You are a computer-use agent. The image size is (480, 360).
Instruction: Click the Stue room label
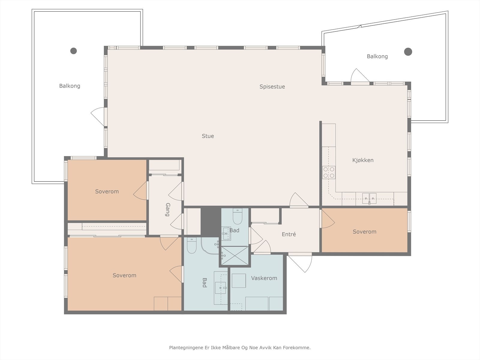[x=208, y=136]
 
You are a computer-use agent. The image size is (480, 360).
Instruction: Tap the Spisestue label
[x=272, y=87]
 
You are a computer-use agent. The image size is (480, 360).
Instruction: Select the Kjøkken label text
[x=363, y=160]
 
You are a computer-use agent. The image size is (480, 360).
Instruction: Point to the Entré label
[x=289, y=234]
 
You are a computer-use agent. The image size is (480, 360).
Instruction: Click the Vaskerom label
[x=264, y=278]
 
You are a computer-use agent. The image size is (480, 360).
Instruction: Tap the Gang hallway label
[x=168, y=210]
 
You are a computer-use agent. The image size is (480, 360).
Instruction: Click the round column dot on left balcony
[x=73, y=51]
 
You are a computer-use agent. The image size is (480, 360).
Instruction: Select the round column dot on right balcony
[x=408, y=52]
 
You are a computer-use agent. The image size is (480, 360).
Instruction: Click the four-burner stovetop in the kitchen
[x=329, y=172]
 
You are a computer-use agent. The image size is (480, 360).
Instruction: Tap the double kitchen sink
[x=369, y=199]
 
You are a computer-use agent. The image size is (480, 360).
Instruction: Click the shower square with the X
[x=235, y=256]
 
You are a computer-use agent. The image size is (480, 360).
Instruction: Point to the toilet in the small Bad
[x=238, y=216]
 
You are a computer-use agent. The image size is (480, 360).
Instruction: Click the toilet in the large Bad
[x=192, y=245]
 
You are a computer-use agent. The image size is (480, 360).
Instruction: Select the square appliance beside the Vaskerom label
[x=239, y=281]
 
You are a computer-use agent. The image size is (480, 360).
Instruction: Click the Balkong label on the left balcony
[x=70, y=86]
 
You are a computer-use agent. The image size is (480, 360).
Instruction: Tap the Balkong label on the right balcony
[x=377, y=56]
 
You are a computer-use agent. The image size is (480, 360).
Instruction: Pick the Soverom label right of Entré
[x=364, y=232]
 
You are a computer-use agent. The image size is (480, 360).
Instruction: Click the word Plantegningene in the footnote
[x=186, y=348]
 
